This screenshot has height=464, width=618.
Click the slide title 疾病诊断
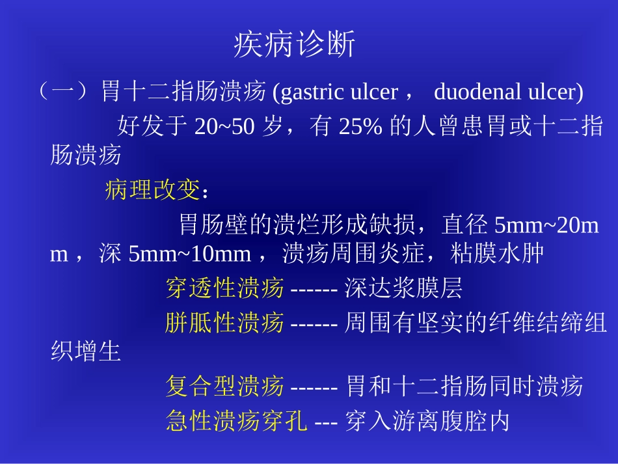pyautogui.click(x=294, y=46)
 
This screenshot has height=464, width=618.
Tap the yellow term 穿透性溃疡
pyautogui.click(x=225, y=288)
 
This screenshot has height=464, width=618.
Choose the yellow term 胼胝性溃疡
pyautogui.click(x=225, y=322)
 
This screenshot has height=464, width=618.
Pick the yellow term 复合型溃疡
pyautogui.click(x=225, y=387)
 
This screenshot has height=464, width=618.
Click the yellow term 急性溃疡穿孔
pyautogui.click(x=237, y=420)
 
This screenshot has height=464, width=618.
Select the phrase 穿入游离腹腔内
pyautogui.click(x=427, y=420)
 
